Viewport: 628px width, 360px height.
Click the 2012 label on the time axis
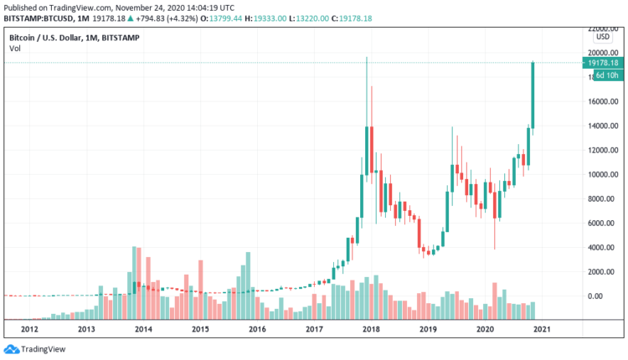pyautogui.click(x=29, y=330)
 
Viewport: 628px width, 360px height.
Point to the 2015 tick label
pyautogui.click(x=200, y=330)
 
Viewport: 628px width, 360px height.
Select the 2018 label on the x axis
pyautogui.click(x=371, y=330)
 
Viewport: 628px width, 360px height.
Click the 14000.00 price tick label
pyautogui.click(x=602, y=126)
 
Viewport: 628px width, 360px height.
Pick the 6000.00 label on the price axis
pyautogui.click(x=602, y=224)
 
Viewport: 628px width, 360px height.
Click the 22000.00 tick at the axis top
pyautogui.click(x=602, y=29)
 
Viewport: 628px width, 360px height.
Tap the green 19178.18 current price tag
pyautogui.click(x=602, y=63)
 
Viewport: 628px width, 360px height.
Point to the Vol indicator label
pyautogui.click(x=14, y=49)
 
